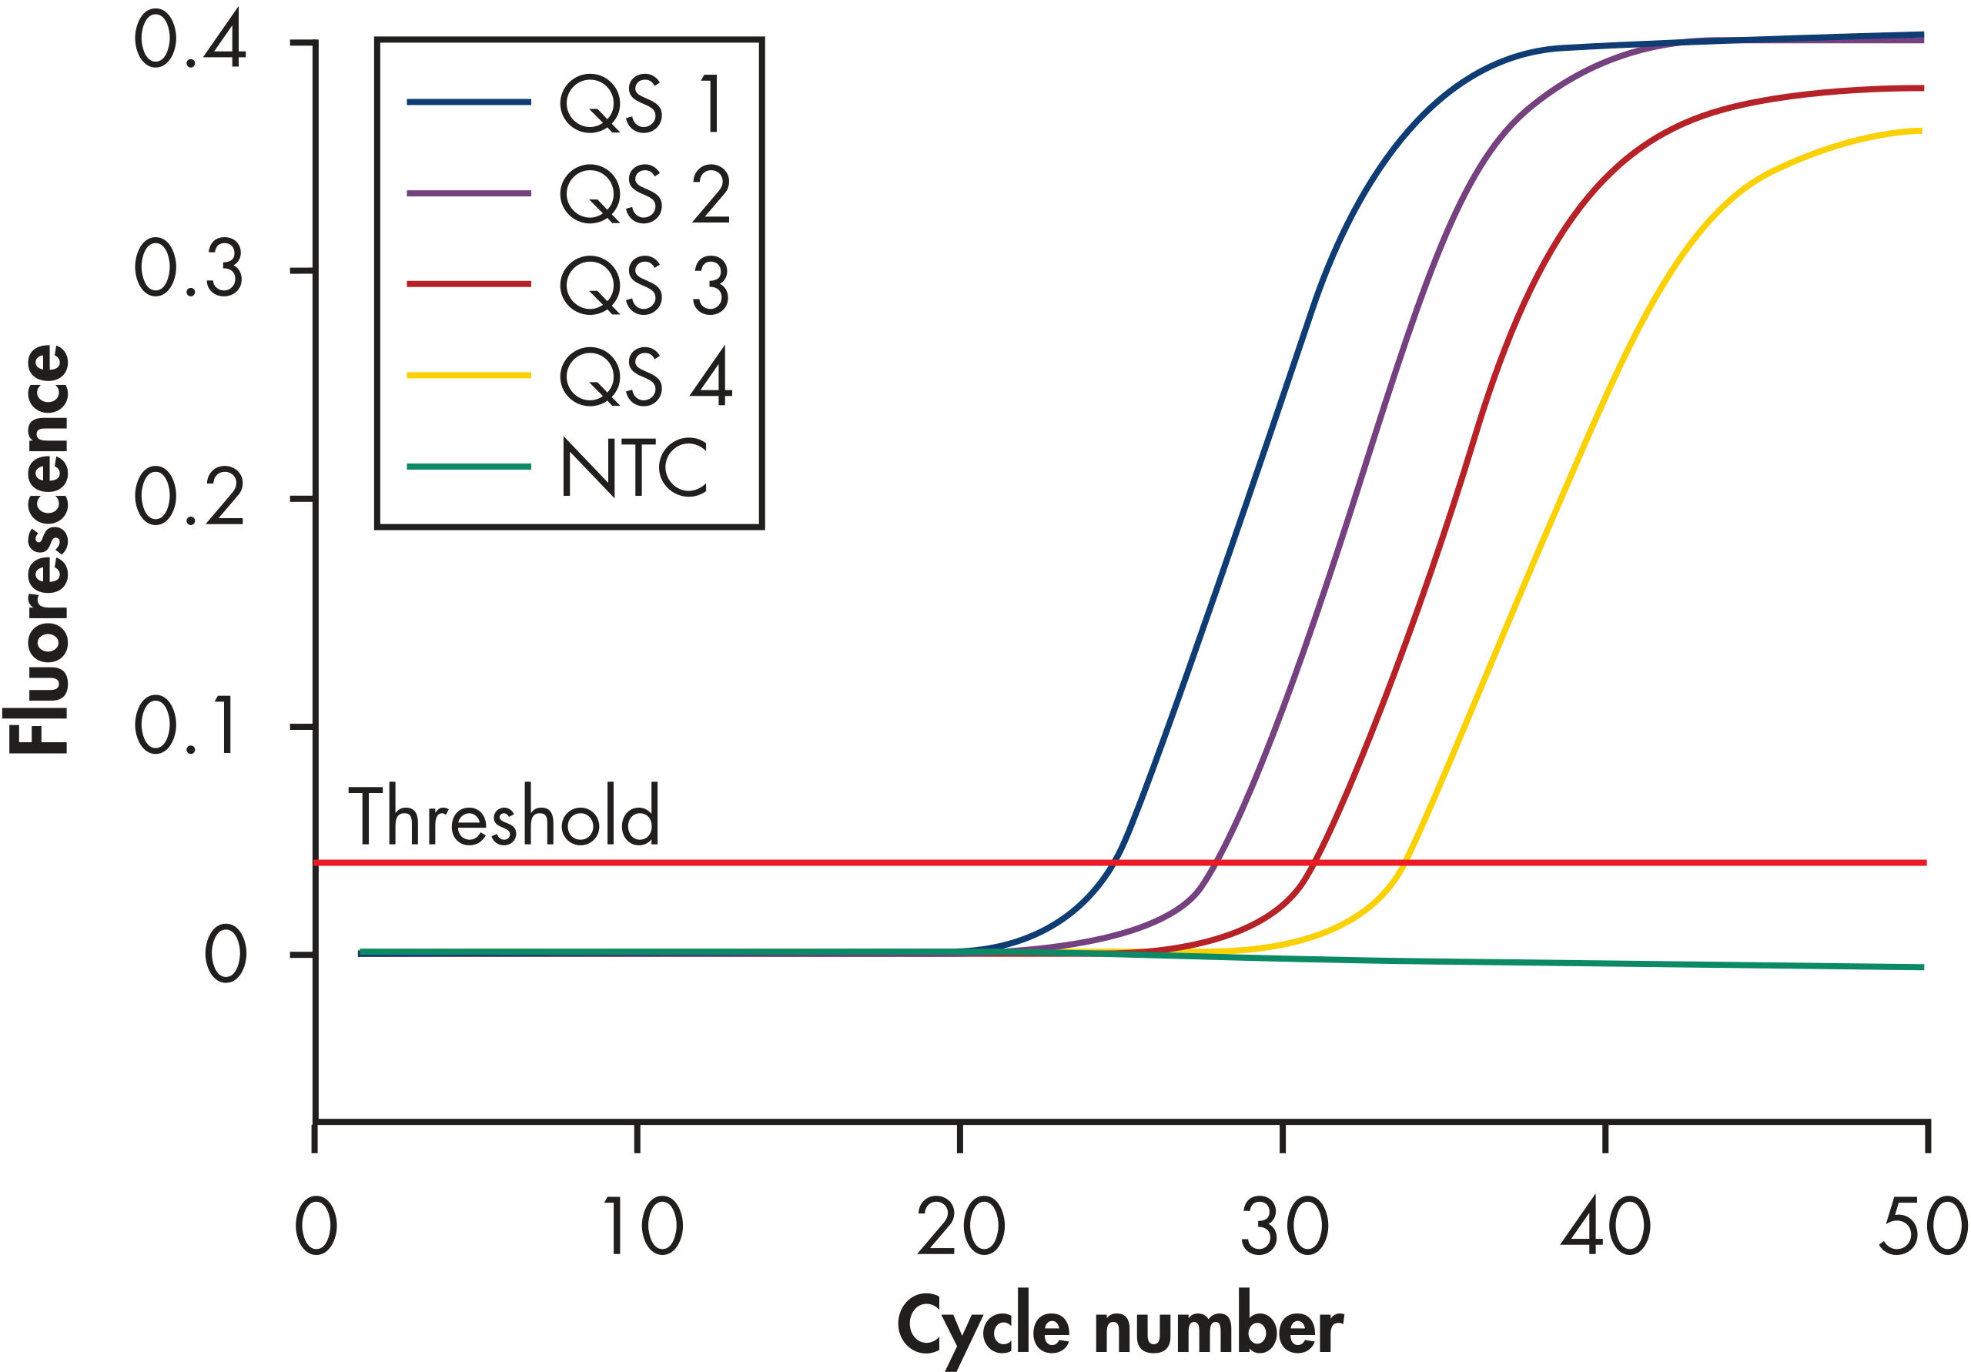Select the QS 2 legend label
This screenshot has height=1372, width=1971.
click(x=644, y=195)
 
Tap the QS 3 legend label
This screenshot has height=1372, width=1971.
click(x=644, y=285)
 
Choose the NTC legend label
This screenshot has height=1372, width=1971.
click(x=634, y=467)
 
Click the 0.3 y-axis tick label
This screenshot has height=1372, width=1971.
click(x=189, y=269)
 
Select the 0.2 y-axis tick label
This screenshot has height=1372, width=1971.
click(x=189, y=497)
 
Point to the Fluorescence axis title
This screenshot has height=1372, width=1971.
click(x=38, y=550)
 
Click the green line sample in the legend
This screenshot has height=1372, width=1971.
click(x=469, y=467)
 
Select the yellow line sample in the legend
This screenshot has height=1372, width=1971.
click(x=469, y=375)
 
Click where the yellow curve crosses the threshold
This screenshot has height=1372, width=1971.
click(x=1405, y=862)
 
